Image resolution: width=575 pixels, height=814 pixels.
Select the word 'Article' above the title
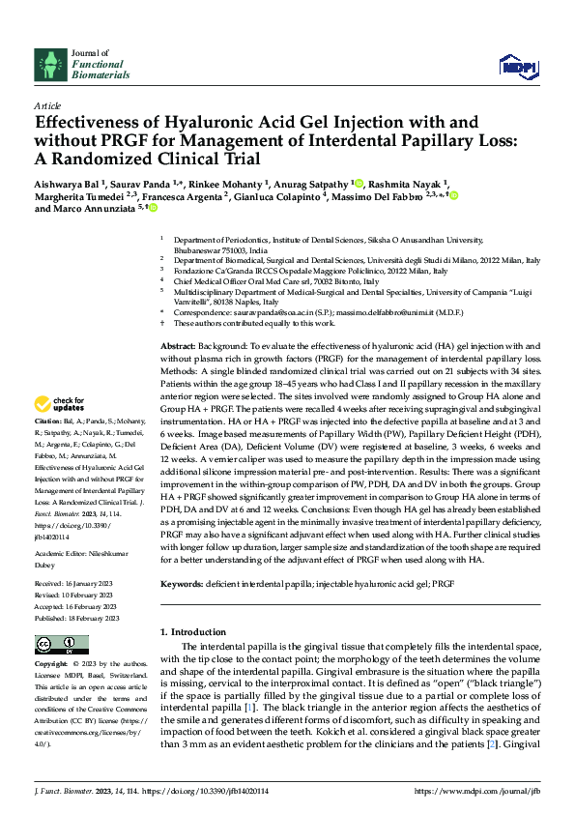[x=46, y=104]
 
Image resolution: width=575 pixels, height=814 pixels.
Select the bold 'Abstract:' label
[x=178, y=345]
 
